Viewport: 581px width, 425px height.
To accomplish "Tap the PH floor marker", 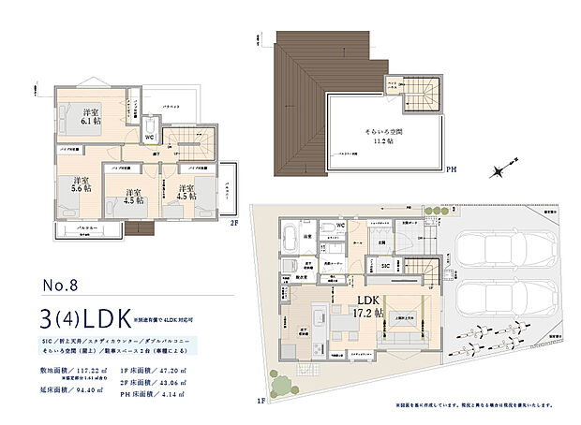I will click(451, 171).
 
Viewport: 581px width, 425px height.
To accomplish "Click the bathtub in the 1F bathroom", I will click(289, 234).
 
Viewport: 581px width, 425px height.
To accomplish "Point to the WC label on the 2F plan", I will click(148, 138).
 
